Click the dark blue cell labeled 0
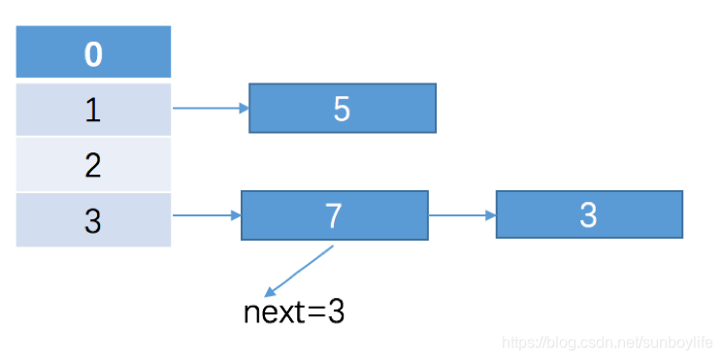93,51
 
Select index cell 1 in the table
93,110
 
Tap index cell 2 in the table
93,164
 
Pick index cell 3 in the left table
93,220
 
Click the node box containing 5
343,108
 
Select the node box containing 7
335,215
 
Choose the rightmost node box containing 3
589,214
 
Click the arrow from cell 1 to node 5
211,108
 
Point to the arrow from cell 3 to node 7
207,215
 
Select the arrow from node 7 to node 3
462,215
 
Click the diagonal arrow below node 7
299,271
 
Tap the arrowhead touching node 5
244,108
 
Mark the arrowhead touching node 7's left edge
236,215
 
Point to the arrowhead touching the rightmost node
491,215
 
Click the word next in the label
274,312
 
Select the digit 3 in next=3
336,312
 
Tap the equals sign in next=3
316,313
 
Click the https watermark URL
607,342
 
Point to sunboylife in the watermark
679,342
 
